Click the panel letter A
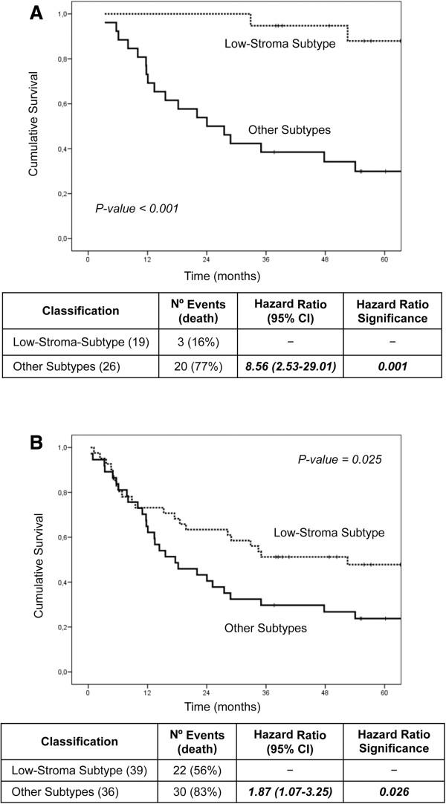click(x=36, y=14)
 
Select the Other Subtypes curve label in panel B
click(x=265, y=629)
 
